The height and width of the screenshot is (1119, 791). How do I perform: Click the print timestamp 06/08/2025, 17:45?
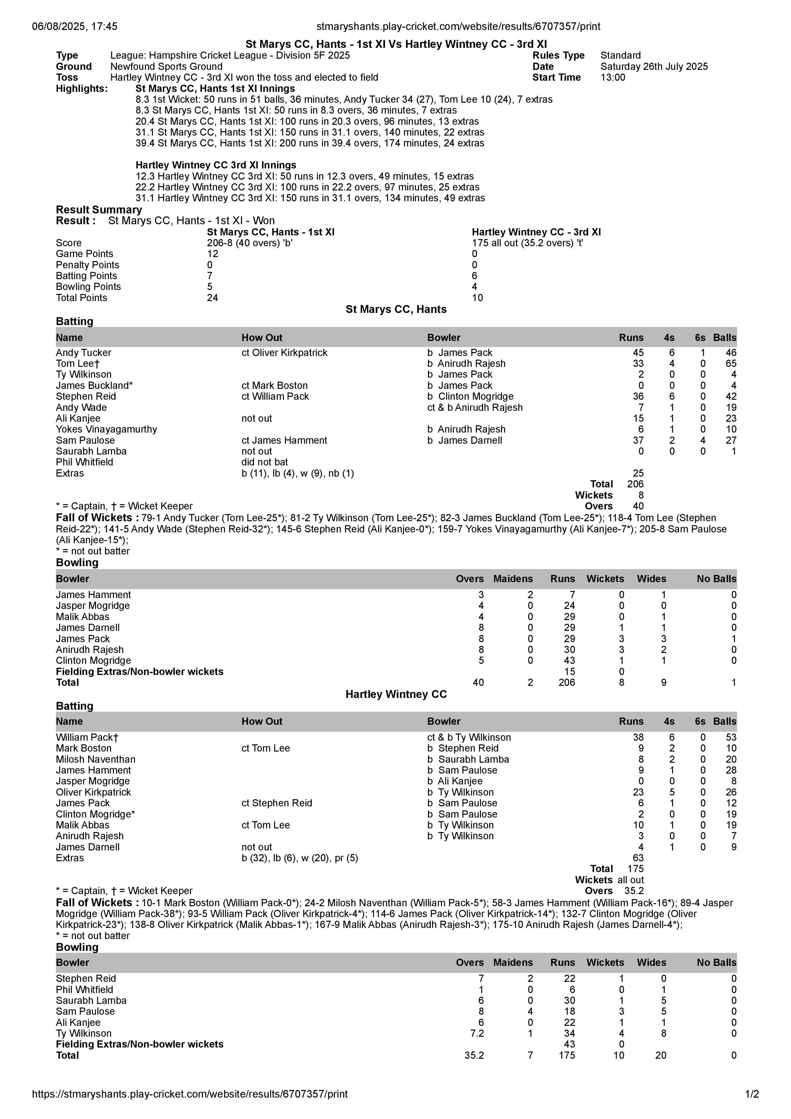75,26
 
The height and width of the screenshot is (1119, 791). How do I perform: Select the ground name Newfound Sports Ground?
166,66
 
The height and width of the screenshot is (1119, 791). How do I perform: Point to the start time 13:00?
613,78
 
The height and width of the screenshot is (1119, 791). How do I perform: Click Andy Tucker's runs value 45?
638,352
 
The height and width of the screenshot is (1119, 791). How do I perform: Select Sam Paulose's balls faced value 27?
731,440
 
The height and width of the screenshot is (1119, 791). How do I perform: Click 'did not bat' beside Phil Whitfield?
265,462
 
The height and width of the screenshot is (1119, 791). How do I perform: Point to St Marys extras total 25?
638,473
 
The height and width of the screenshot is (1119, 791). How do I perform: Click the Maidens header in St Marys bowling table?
513,579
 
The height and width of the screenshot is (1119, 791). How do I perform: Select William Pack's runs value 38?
638,737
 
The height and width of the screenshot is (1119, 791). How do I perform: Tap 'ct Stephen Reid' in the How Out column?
276,803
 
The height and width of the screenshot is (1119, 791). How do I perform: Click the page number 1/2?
751,1094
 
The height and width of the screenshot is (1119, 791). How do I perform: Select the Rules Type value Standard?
620,56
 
